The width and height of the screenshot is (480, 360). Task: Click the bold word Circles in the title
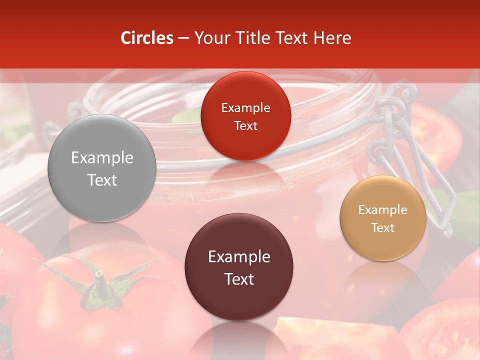coord(147,38)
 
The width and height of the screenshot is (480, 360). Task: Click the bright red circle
coord(245,116)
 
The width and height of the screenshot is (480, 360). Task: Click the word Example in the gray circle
coord(102,158)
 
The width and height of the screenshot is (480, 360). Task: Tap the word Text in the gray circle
coord(102,180)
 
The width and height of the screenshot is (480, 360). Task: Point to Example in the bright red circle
coord(245,107)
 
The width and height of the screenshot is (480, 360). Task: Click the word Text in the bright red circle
coord(245,125)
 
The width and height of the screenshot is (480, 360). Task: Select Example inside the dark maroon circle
coord(239,257)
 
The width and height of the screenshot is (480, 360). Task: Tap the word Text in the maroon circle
coord(239,279)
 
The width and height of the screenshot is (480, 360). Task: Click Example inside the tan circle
coord(383,209)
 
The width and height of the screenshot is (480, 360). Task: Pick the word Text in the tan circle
coord(383,227)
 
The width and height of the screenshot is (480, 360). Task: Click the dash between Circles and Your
coord(183,38)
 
